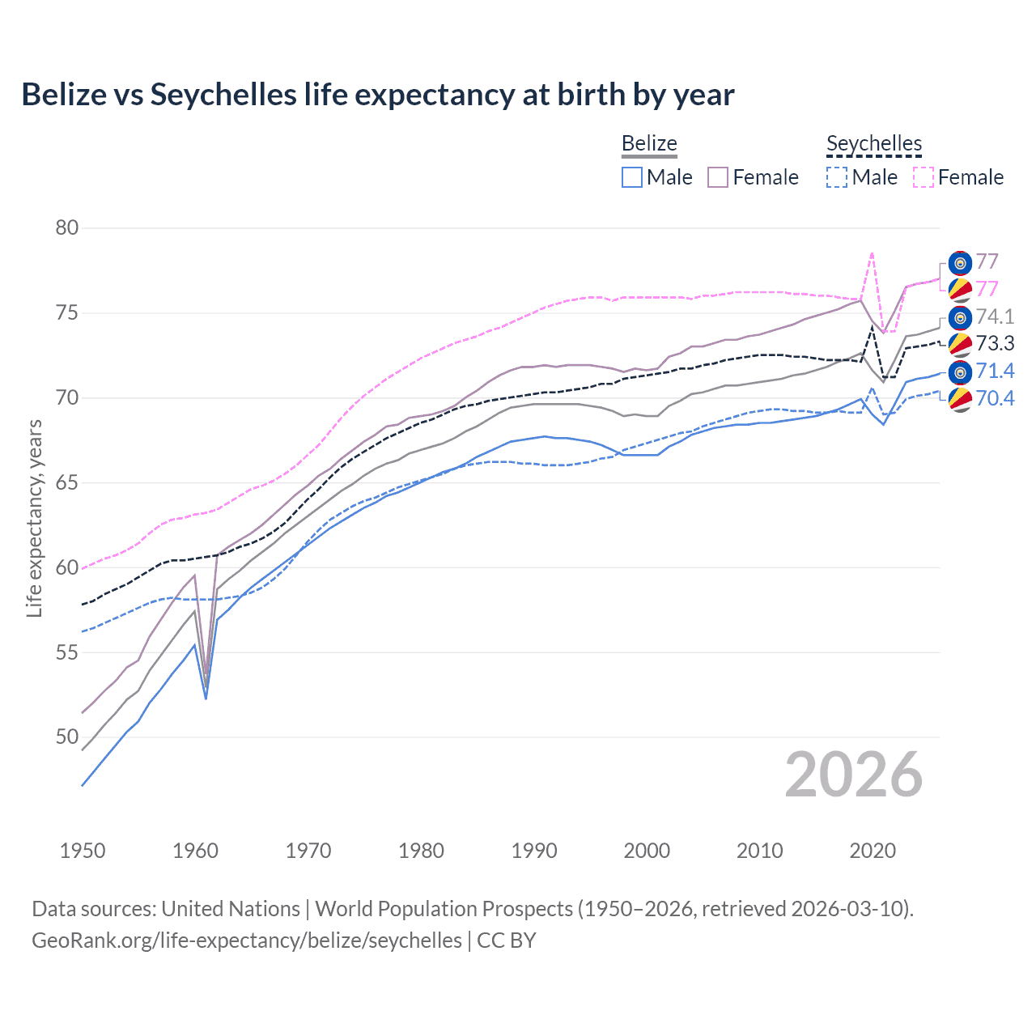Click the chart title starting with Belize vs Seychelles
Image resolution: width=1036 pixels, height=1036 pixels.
click(x=377, y=95)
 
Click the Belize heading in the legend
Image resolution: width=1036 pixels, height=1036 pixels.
click(x=649, y=144)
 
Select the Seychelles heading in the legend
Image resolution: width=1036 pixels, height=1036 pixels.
click(x=873, y=144)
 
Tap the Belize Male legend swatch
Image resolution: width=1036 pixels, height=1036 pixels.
click(x=632, y=177)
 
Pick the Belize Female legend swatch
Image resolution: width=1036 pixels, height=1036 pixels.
click(x=718, y=177)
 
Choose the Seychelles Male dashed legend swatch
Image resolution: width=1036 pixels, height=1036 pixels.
click(x=837, y=177)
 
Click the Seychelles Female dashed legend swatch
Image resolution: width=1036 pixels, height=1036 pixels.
click(x=923, y=177)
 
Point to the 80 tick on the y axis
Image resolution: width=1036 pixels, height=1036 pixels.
click(x=67, y=228)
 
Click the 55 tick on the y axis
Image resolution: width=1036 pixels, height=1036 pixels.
click(x=67, y=652)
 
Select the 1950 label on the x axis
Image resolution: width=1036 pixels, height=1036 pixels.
click(x=83, y=851)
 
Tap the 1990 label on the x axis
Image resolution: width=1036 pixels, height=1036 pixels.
click(x=534, y=851)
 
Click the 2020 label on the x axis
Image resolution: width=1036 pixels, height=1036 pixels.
click(x=873, y=851)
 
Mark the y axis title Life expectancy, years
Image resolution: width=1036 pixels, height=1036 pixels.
click(x=34, y=518)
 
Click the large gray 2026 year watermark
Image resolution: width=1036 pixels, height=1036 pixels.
click(x=853, y=775)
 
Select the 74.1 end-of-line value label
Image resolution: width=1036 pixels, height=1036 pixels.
click(x=995, y=316)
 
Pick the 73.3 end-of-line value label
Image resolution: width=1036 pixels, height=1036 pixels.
click(x=995, y=344)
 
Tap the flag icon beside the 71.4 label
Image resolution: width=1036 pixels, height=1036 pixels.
click(x=960, y=372)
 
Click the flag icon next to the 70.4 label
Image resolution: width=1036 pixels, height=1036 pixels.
click(x=960, y=399)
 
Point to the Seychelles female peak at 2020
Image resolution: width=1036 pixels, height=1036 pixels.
click(x=872, y=253)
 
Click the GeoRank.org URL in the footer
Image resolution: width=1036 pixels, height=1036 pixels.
click(x=247, y=940)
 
